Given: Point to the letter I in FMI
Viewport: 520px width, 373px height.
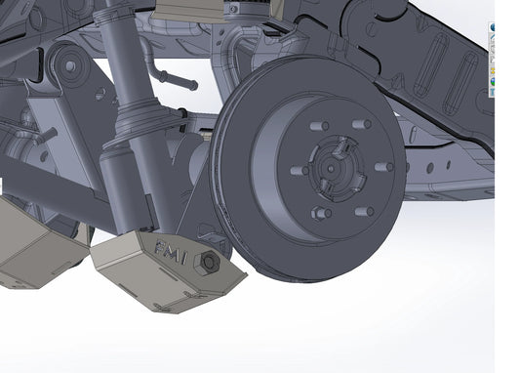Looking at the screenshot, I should pyautogui.click(x=187, y=256).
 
